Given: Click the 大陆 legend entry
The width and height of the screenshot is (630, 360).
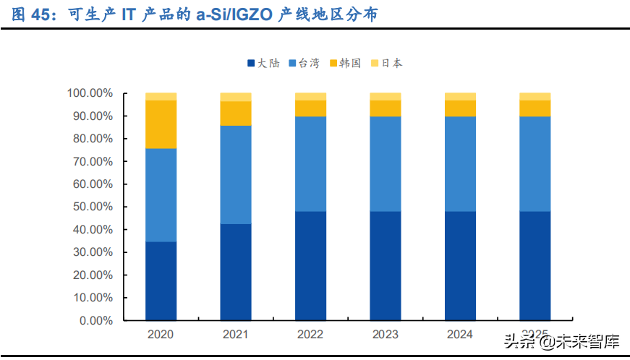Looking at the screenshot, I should pos(263,64).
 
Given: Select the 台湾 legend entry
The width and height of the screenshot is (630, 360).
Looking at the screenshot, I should pos(303,64).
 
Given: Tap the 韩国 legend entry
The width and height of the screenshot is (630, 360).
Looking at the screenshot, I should pos(344,64).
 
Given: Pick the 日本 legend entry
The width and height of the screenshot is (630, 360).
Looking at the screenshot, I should pos(386,64).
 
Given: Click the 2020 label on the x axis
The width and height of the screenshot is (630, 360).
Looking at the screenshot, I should pos(161,334).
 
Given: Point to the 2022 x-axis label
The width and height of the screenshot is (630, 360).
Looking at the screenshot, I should pos(310,334).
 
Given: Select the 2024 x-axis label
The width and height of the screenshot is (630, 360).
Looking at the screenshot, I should pos(459,334).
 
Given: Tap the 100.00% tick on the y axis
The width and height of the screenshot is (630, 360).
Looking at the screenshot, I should pos(90,93).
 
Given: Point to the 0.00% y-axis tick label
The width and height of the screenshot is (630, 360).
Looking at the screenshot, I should pos(95,320).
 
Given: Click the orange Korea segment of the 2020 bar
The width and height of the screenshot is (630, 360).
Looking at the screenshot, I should pos(161,124).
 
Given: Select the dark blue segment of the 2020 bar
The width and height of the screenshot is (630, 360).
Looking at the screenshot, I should pos(161,280).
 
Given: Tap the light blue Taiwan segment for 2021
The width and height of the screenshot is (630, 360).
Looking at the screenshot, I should pos(236,174).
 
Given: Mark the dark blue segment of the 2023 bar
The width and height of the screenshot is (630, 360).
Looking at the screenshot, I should pos(385,265).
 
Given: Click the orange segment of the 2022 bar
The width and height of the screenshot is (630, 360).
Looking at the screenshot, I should pos(310,108).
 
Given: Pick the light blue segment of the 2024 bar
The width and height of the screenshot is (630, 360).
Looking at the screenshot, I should pos(459,163).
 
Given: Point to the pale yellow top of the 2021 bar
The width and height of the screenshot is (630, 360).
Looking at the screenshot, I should pos(236,97).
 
